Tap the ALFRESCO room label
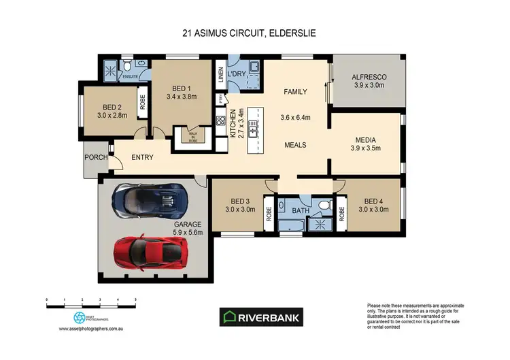(369, 77)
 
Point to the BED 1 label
(181, 88)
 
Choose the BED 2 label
(112, 107)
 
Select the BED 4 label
(373, 201)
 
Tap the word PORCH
(95, 157)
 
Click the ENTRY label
(142, 157)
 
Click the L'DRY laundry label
(237, 73)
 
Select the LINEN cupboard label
(220, 73)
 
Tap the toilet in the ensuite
(127, 68)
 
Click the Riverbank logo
(260, 317)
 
